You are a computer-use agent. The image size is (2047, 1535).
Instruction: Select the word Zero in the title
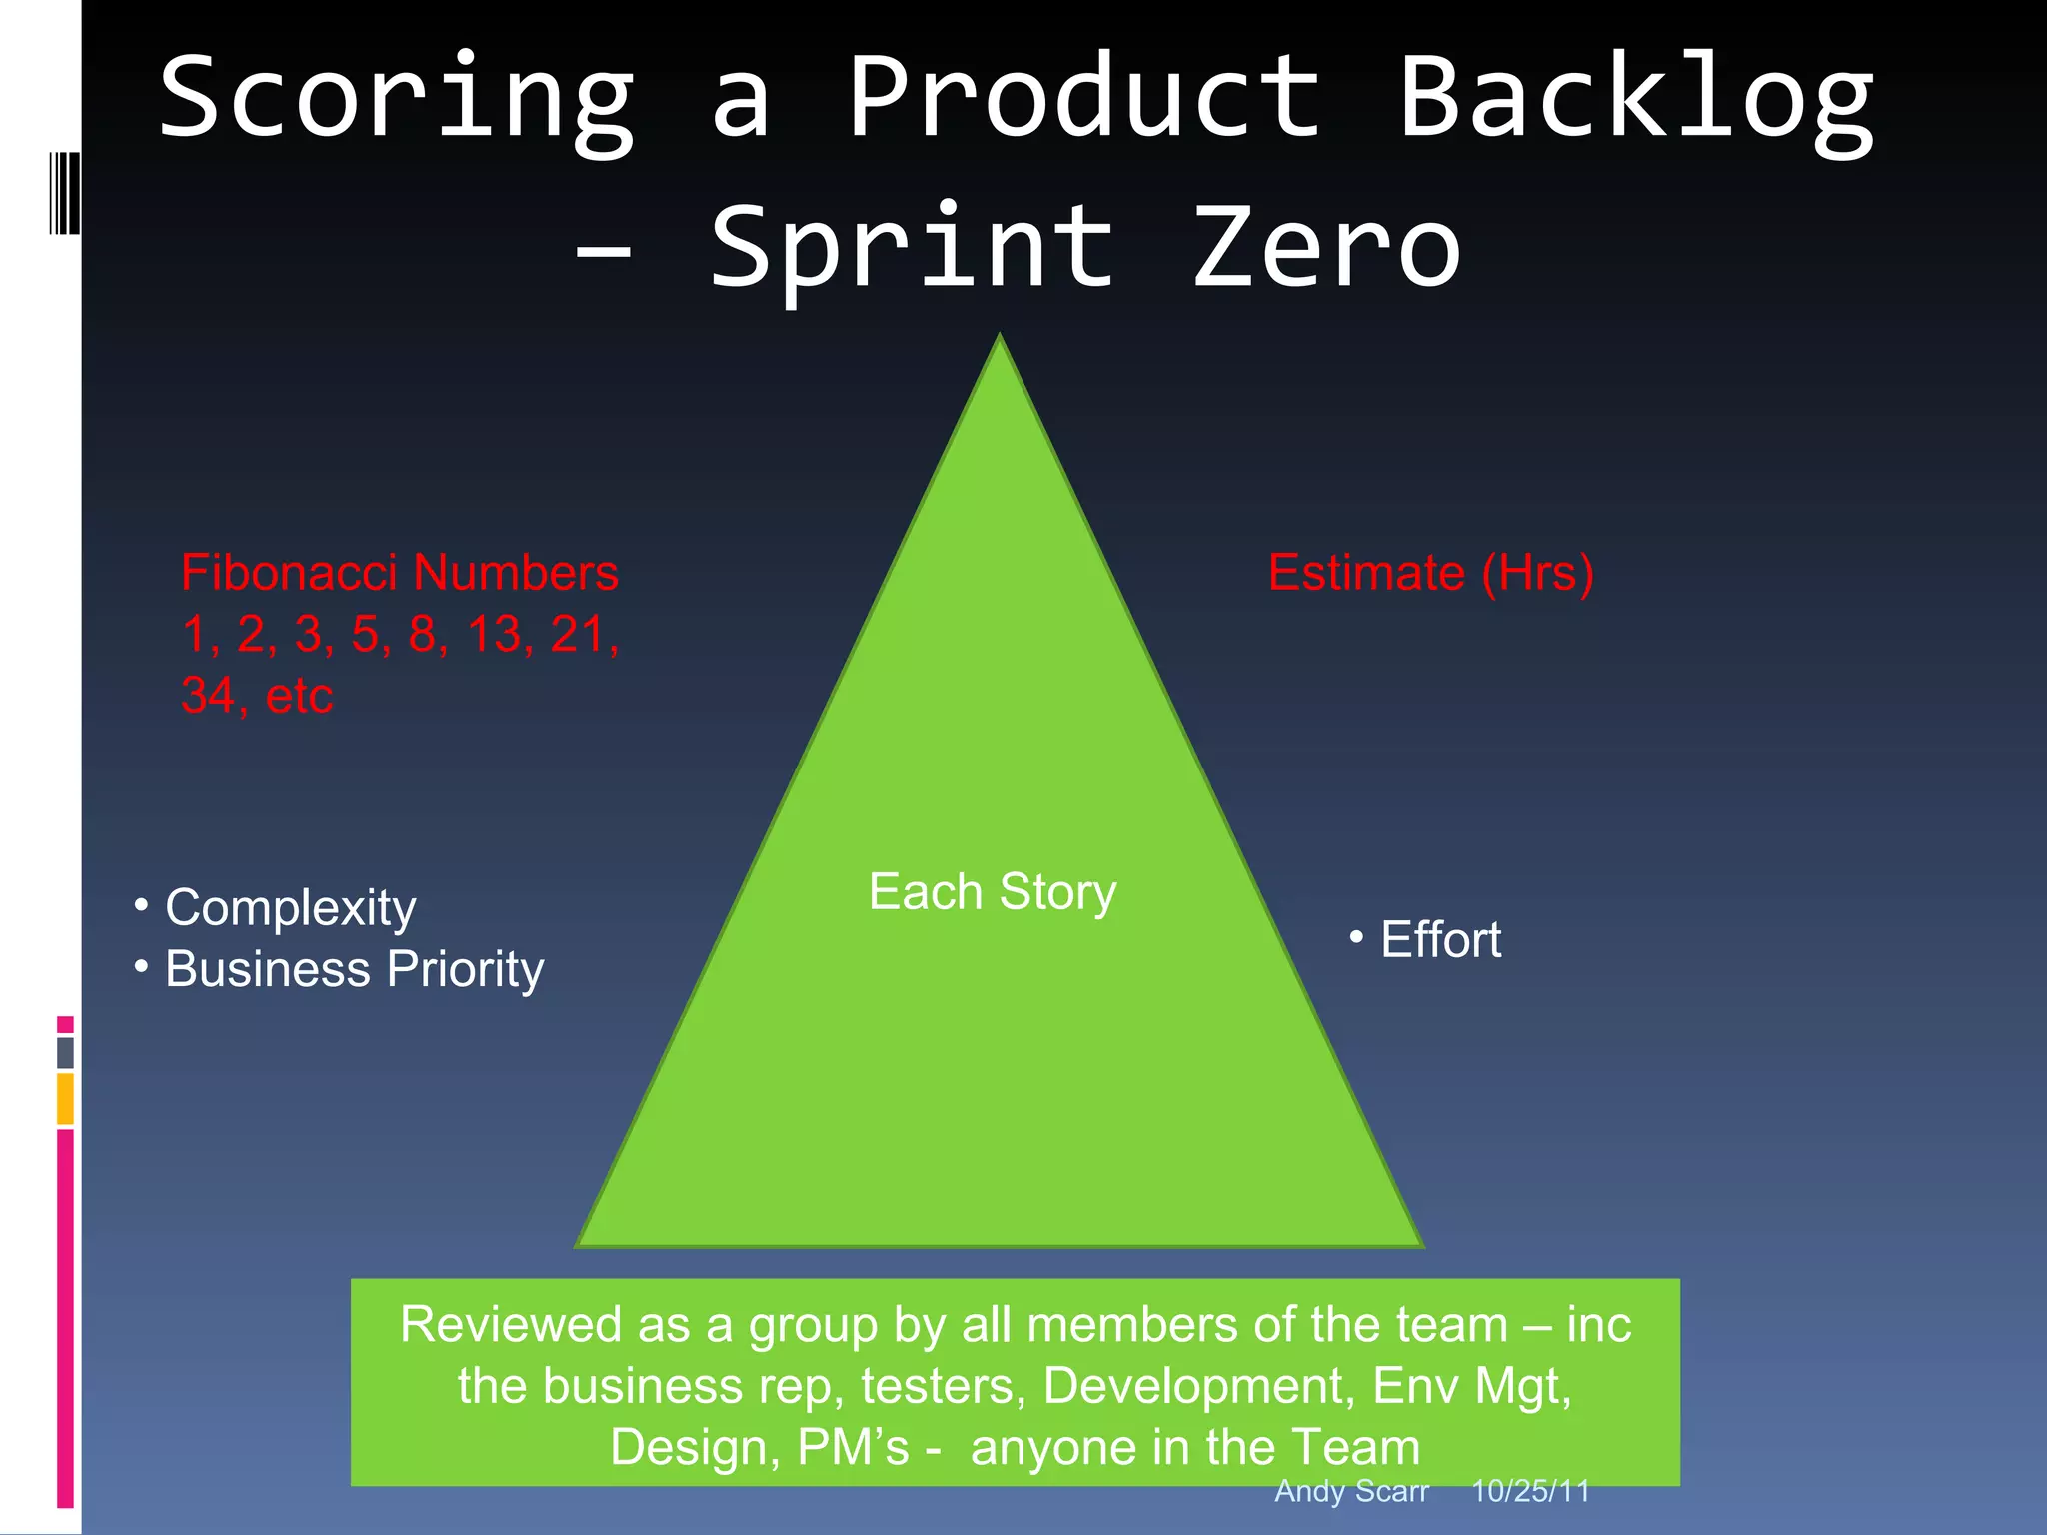pos(1327,248)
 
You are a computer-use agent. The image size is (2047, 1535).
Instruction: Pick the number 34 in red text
pos(207,696)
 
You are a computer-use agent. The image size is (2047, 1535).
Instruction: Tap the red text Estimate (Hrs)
pos(1430,573)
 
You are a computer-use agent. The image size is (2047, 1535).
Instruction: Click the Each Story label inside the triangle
pos(993,891)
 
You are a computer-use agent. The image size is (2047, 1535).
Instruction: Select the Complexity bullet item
pos(290,908)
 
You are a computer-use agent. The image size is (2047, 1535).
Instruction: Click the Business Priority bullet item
pos(354,969)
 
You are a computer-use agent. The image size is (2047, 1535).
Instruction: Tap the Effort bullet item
pos(1439,940)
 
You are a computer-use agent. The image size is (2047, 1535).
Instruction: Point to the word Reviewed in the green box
pos(511,1325)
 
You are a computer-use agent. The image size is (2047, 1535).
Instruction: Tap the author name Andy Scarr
pos(1351,1491)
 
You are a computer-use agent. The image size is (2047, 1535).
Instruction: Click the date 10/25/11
pos(1530,1491)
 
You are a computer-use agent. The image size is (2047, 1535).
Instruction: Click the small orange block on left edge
pos(65,1099)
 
